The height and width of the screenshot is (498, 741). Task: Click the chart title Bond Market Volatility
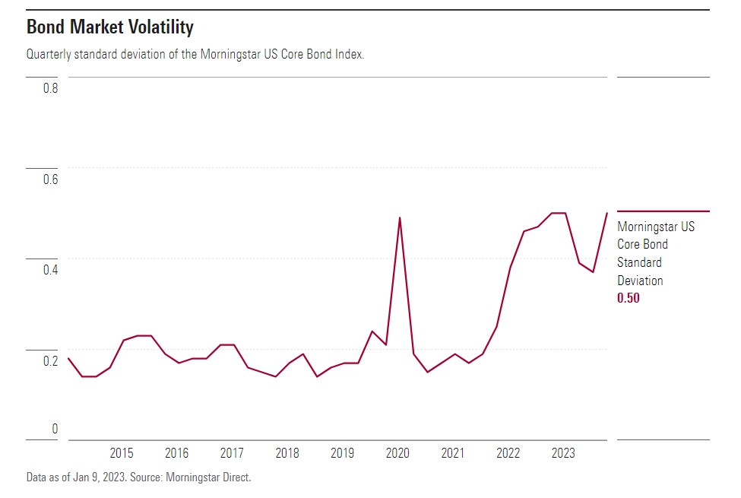(x=110, y=28)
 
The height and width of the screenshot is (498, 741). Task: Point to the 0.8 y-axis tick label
(x=50, y=88)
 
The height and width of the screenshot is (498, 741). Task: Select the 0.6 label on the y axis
(x=50, y=179)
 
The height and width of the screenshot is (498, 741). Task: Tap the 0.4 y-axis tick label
(x=50, y=270)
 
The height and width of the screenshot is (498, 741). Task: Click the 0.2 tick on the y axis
(x=50, y=361)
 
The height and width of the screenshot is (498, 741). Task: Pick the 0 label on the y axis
(x=54, y=430)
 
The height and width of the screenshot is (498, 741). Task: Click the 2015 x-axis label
(x=122, y=453)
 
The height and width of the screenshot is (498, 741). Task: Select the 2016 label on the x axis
(x=177, y=453)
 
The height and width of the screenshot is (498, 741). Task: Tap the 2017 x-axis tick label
(x=232, y=453)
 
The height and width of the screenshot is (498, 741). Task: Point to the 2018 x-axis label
(x=287, y=453)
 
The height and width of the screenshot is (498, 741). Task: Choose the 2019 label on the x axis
(x=342, y=453)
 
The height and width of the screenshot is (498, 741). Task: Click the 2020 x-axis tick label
(x=397, y=453)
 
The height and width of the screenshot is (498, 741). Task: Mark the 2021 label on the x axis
(x=453, y=453)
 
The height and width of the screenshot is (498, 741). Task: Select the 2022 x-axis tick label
(x=508, y=453)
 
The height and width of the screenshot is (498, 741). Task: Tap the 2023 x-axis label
(x=563, y=453)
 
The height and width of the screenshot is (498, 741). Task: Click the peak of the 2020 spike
(x=400, y=218)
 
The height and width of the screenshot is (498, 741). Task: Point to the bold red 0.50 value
(x=629, y=299)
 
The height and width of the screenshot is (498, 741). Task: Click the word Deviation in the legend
(x=640, y=281)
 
